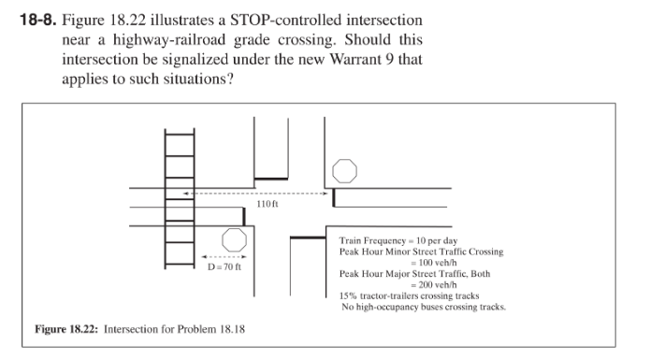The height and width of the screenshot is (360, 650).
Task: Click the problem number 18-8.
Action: (x=37, y=20)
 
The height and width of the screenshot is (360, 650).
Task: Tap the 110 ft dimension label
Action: (x=267, y=204)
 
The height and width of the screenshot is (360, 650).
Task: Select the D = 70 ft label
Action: (x=224, y=266)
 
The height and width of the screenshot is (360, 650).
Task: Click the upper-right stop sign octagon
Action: (x=344, y=171)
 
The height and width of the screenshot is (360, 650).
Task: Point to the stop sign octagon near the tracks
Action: (x=234, y=240)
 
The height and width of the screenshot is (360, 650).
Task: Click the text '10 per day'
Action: (x=437, y=240)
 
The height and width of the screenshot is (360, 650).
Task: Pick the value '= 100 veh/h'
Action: (x=434, y=263)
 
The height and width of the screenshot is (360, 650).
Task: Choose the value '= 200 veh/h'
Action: (x=434, y=285)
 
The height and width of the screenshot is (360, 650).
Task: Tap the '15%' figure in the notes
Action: (x=348, y=295)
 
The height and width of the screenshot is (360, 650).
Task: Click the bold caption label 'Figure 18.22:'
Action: (x=66, y=329)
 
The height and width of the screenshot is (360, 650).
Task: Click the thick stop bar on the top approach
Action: (x=271, y=179)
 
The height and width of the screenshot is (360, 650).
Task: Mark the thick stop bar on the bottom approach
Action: (x=308, y=238)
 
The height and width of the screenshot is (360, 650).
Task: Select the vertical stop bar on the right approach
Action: (x=334, y=197)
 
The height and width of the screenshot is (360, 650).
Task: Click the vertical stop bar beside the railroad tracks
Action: (x=244, y=217)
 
